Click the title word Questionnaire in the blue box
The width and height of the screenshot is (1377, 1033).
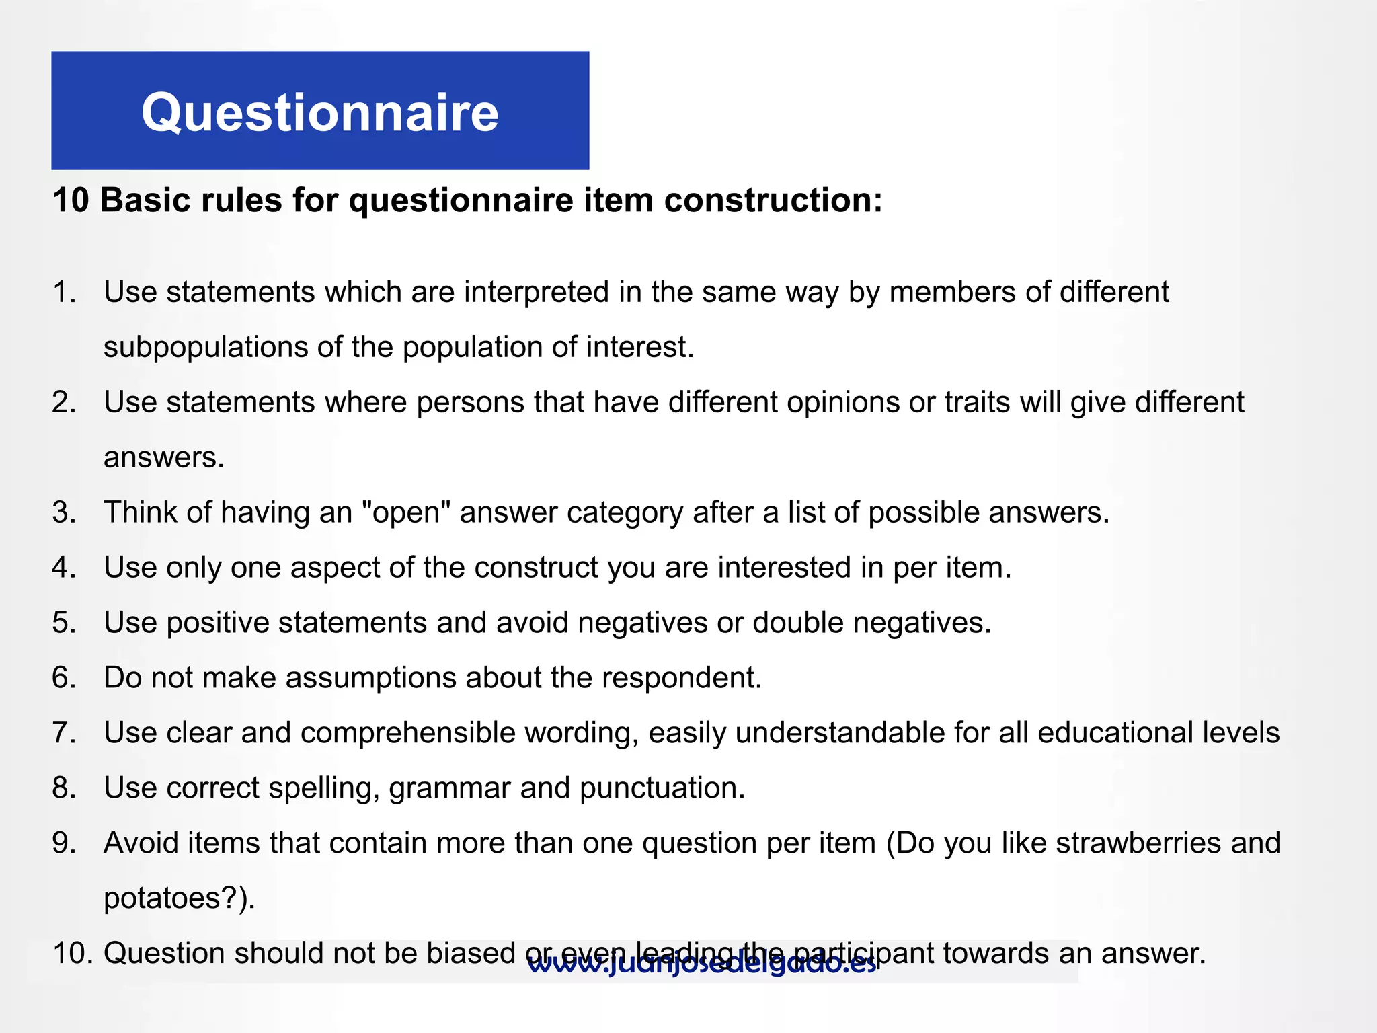pyautogui.click(x=319, y=113)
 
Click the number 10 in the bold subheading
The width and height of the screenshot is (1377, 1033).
pyautogui.click(x=71, y=200)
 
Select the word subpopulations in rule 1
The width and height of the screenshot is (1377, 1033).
pyautogui.click(x=206, y=348)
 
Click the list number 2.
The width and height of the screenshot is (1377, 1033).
pyautogui.click(x=64, y=403)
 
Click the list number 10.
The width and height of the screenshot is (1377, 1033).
pyautogui.click(x=72, y=954)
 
